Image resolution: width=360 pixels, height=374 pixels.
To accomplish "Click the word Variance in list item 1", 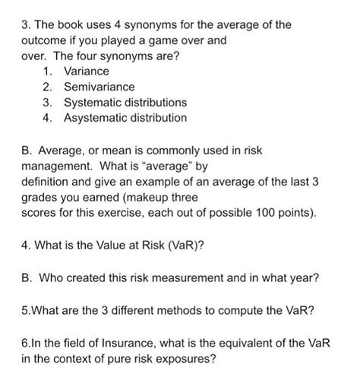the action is [86, 71].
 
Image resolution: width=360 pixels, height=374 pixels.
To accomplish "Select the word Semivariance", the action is [99, 87].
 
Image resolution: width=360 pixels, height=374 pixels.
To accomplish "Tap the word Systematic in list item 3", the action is [96, 102].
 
